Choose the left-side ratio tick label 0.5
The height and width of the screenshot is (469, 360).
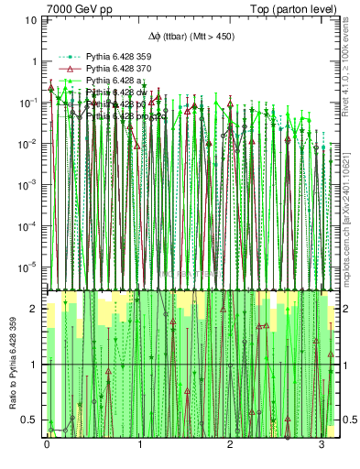coord(33,420)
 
